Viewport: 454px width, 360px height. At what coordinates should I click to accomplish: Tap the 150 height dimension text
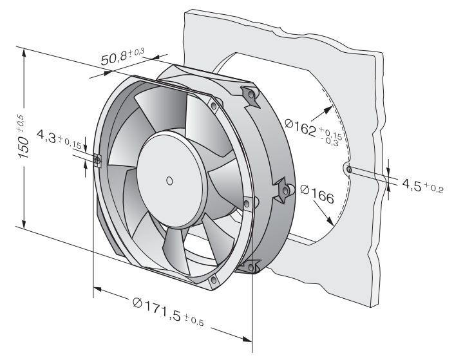click(24, 148)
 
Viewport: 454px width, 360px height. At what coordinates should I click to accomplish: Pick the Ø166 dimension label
click(317, 194)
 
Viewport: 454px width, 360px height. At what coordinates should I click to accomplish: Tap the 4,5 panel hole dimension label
click(411, 185)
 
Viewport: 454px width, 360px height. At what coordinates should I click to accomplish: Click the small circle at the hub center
click(169, 181)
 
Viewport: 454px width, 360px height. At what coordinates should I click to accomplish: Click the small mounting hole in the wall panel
click(349, 169)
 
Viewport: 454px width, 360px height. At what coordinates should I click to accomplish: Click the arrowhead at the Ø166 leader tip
click(330, 221)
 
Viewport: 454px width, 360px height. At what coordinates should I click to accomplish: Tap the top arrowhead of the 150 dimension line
click(24, 53)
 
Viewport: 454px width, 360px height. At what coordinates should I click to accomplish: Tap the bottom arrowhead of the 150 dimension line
click(24, 223)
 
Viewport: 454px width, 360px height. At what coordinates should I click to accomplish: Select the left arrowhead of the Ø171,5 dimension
click(98, 289)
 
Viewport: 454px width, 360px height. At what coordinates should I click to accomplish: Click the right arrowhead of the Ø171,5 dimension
click(247, 339)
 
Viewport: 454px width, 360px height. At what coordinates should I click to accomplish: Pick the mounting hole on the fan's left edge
click(98, 160)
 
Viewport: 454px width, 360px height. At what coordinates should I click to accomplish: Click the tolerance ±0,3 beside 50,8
click(136, 52)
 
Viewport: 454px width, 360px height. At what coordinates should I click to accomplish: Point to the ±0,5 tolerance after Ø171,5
click(194, 320)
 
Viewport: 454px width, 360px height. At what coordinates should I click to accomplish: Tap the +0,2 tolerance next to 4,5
click(433, 188)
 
